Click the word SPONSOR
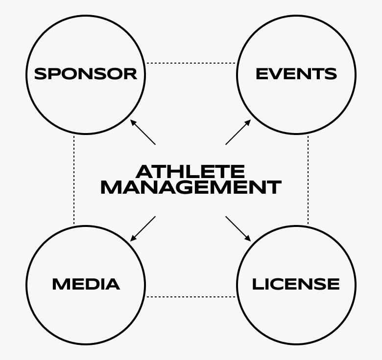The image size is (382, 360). tap(86, 74)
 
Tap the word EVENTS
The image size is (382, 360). tap(296, 74)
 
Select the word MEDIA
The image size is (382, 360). tap(86, 284)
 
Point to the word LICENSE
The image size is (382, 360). tap(296, 284)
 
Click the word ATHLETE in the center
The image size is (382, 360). tap(190, 172)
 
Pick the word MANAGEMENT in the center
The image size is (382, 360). tap(190, 187)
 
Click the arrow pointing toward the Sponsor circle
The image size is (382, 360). tap(143, 132)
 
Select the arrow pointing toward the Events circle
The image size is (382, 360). tap(238, 132)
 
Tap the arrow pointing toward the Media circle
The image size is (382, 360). tap(143, 228)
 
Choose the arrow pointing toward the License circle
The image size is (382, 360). tap(238, 228)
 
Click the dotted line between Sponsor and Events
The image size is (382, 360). tap(191, 63)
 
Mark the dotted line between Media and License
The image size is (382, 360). tap(191, 296)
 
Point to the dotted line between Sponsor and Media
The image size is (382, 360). tap(74, 180)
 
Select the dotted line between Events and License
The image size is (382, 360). tap(308, 180)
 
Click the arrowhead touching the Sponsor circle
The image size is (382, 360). tap(133, 122)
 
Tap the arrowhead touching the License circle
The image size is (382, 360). tap(248, 239)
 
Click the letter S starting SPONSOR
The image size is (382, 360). tap(40, 74)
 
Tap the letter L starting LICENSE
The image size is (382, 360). tap(256, 284)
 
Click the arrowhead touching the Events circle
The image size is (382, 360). tap(248, 122)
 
